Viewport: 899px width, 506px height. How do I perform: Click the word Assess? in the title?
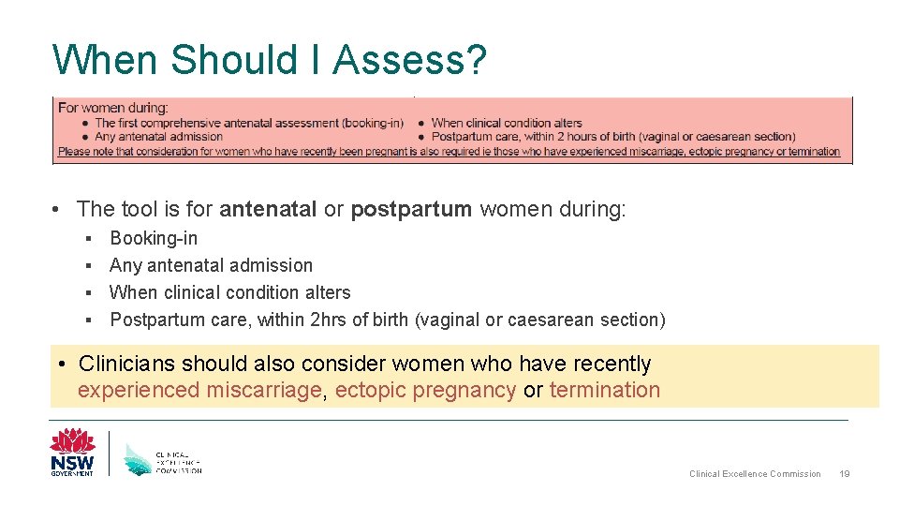click(409, 60)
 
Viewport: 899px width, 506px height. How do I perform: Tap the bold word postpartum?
click(411, 209)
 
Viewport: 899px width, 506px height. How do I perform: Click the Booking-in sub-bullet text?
click(154, 238)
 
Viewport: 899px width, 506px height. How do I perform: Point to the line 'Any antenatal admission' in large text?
click(211, 265)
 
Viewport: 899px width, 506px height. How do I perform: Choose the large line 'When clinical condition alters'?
click(229, 292)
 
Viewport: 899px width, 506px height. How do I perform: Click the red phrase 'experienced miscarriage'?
click(199, 390)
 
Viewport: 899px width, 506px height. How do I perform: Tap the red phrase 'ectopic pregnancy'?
click(425, 390)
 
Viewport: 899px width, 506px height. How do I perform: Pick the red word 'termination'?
click(604, 390)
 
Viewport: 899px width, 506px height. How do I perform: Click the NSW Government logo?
click(72, 452)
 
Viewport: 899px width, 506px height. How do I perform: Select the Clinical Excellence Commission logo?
click(162, 457)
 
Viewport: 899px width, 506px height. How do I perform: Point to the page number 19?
click(845, 474)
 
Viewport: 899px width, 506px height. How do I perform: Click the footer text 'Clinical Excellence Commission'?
click(755, 474)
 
